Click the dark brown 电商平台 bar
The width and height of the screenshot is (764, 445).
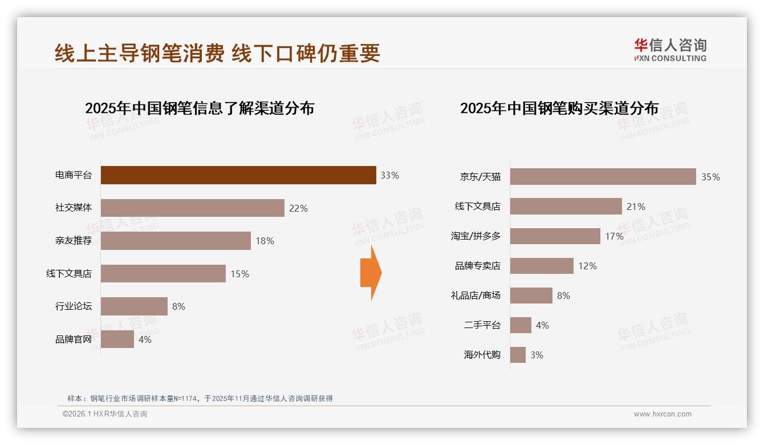pos(238,175)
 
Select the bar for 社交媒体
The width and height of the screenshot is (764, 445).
pos(192,208)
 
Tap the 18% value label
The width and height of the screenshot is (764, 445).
pos(265,241)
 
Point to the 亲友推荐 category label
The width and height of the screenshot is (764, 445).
pos(73,241)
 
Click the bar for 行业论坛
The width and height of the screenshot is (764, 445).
pos(134,306)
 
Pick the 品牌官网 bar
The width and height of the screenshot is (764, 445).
pos(117,339)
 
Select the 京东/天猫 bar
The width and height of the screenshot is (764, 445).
pos(603,177)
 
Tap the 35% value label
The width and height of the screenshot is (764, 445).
pos(710,177)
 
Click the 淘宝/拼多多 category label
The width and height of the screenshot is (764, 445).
pos(476,236)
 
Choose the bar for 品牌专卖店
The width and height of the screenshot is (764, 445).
pos(542,266)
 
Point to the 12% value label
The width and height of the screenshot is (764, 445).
pos(587,266)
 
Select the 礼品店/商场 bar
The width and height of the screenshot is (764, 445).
pos(531,296)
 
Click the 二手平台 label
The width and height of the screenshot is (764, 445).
pos(482,325)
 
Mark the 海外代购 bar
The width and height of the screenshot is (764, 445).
pos(518,355)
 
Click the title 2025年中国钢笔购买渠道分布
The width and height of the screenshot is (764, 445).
pos(559,108)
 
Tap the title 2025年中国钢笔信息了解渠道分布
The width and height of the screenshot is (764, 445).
pos(200,108)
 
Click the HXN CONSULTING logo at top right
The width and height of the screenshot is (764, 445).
pos(670,50)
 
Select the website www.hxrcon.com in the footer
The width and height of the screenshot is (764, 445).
pos(663,414)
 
